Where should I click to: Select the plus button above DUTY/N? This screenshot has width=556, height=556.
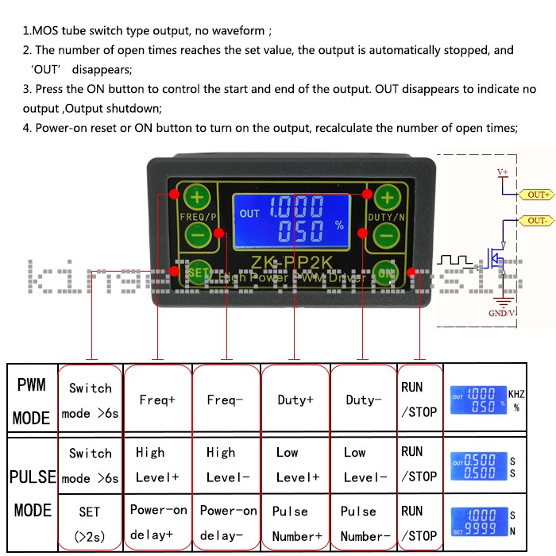387,196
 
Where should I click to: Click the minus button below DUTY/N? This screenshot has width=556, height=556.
387,235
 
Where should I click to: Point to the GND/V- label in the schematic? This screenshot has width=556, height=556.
504,313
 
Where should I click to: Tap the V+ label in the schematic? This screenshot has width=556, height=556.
502,172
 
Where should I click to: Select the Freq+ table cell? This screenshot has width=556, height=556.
158,400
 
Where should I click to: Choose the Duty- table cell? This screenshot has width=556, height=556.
363,400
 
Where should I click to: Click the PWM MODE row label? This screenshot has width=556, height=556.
32,400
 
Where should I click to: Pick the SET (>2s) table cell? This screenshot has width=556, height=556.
90,523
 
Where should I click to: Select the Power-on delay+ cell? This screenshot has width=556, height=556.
158,523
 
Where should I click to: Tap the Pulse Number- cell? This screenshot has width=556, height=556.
363,523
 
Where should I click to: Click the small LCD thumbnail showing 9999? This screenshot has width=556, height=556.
478,523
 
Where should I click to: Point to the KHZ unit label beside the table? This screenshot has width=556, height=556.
517,394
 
